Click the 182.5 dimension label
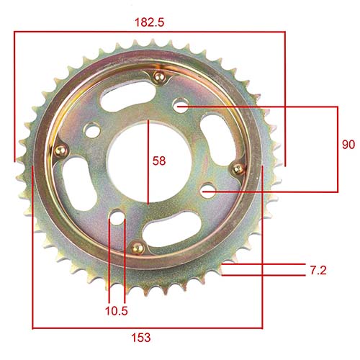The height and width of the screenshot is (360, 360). (x=150, y=22)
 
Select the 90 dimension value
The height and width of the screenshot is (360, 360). (x=348, y=145)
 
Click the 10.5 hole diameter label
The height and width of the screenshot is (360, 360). (x=116, y=312)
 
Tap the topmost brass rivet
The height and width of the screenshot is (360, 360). (x=159, y=78)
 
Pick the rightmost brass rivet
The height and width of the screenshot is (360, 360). (x=233, y=168)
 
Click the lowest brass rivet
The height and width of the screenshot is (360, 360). (x=134, y=247)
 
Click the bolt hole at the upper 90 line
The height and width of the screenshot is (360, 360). (x=179, y=106)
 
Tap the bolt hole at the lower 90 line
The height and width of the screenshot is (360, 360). (x=207, y=192)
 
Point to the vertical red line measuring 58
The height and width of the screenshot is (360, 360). (x=148, y=162)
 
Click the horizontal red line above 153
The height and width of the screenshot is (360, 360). (x=148, y=326)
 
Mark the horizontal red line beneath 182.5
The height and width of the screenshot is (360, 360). (x=150, y=32)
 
